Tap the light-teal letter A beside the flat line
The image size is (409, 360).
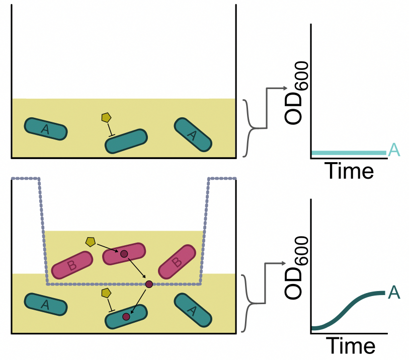(394, 150)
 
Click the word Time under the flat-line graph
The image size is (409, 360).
(349, 171)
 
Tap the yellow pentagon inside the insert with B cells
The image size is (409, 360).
(90, 242)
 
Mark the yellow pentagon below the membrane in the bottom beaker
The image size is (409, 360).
(106, 293)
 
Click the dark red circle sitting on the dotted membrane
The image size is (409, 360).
(149, 284)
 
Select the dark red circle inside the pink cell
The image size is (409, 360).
(124, 254)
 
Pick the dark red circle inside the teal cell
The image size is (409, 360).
(126, 317)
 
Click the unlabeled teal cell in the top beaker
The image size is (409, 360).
(126, 141)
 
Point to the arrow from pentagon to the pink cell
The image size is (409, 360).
(107, 248)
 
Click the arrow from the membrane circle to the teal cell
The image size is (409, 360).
(138, 300)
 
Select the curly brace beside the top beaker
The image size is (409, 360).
(248, 128)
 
